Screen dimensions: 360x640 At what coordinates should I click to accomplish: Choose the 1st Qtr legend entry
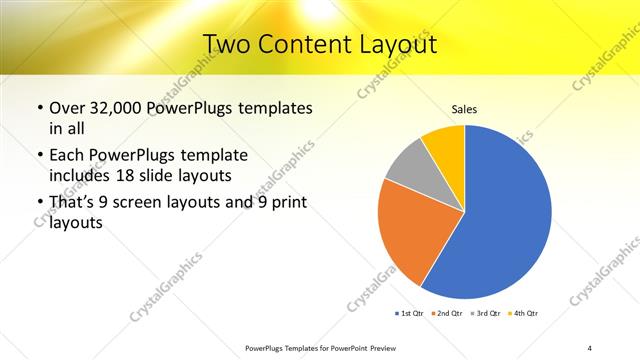(x=409, y=314)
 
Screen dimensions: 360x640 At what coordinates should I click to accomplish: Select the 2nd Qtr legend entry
(x=446, y=314)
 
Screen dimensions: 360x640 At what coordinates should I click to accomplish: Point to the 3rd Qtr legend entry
(x=484, y=314)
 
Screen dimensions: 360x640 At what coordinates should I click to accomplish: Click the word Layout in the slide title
(x=397, y=43)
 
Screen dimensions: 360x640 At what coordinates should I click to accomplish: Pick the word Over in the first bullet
(x=66, y=108)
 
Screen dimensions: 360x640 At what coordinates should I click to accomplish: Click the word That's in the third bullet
(x=72, y=204)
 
